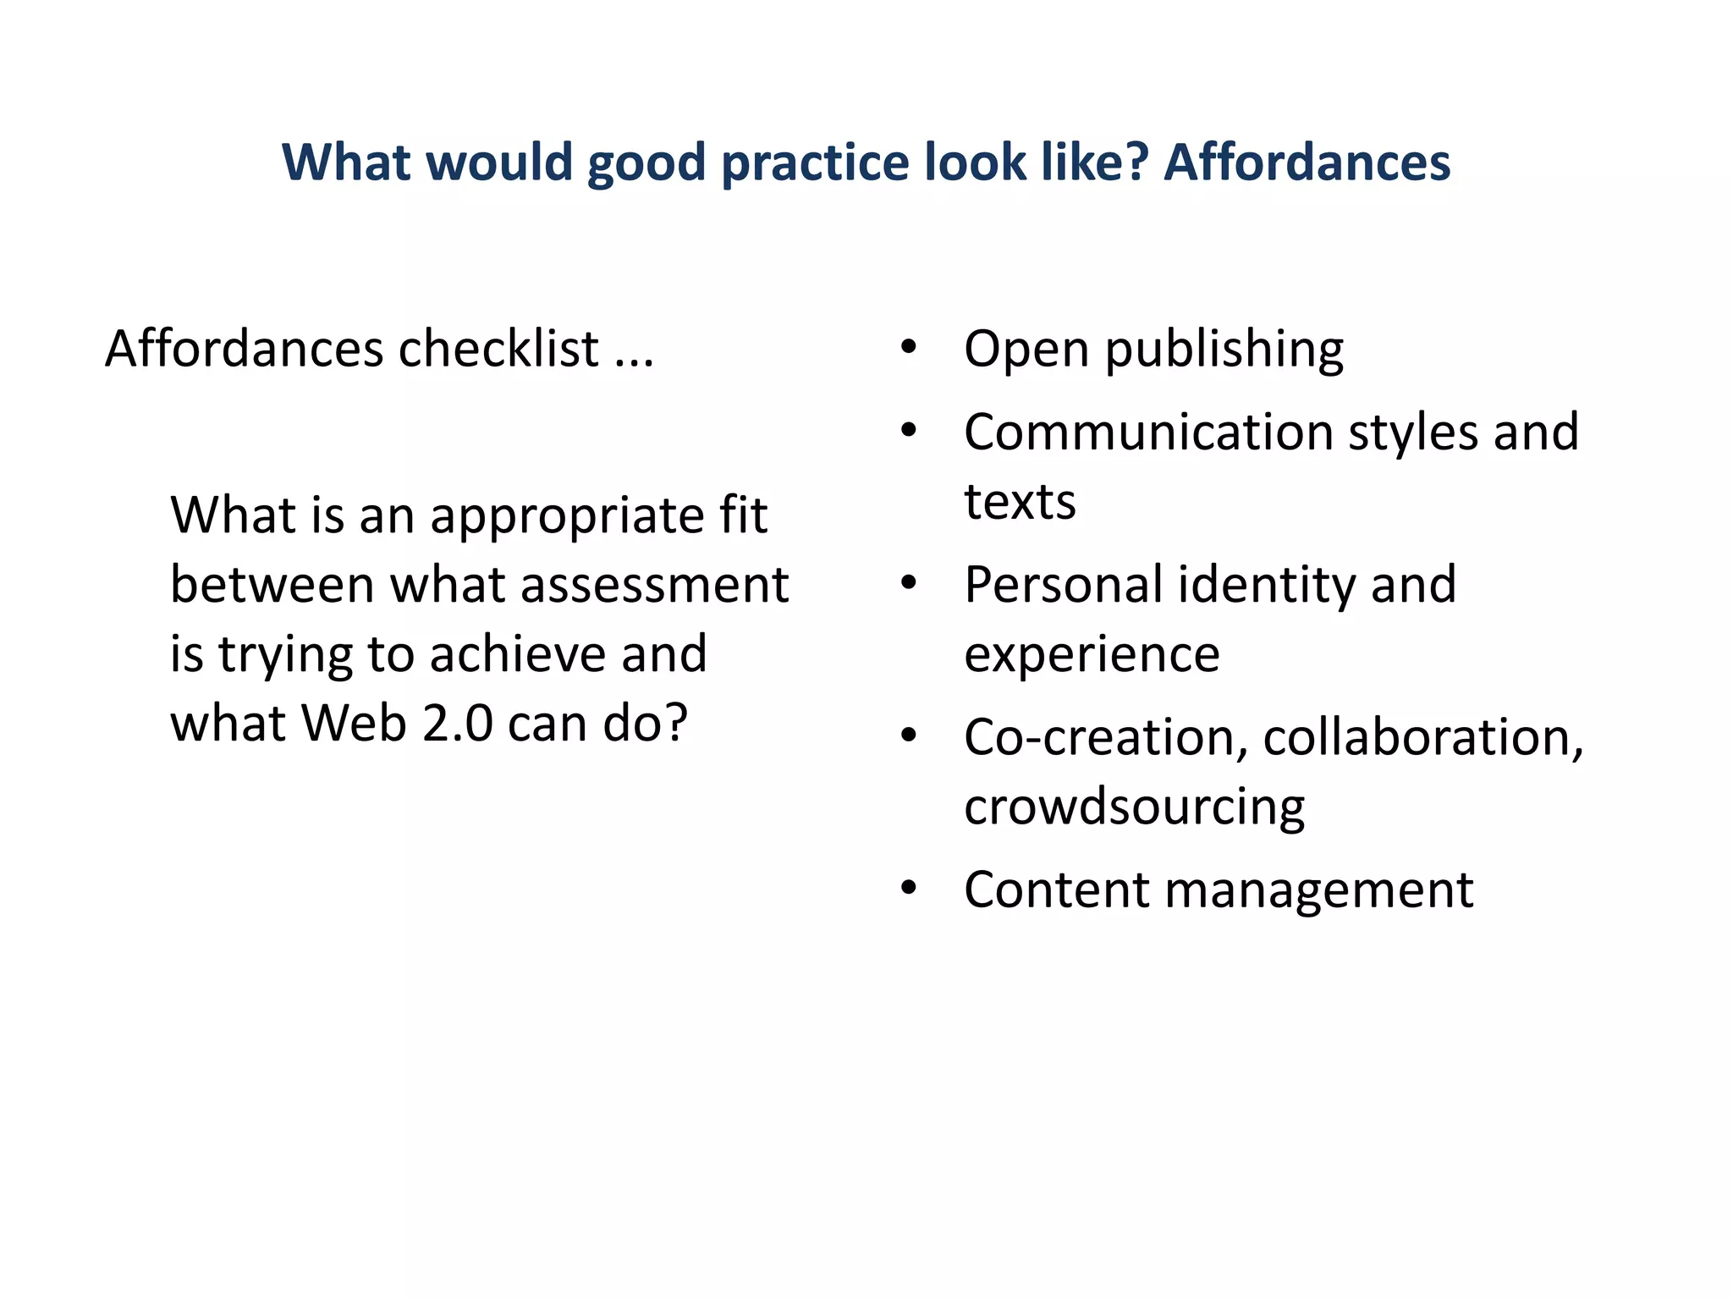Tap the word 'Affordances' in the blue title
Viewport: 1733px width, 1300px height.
[x=1307, y=162]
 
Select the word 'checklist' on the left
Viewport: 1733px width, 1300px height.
[x=498, y=349]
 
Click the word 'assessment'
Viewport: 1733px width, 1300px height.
[x=655, y=585]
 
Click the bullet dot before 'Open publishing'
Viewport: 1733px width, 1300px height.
[x=909, y=347]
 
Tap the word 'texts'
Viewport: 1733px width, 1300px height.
[x=1020, y=502]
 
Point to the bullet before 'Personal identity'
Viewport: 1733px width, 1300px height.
[x=909, y=583]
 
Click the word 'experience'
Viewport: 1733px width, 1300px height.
[x=1092, y=655]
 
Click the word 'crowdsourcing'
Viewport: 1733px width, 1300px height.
[x=1134, y=807]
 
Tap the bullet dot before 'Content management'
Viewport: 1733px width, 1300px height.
[x=909, y=889]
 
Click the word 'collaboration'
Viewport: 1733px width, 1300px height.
[x=1422, y=737]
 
